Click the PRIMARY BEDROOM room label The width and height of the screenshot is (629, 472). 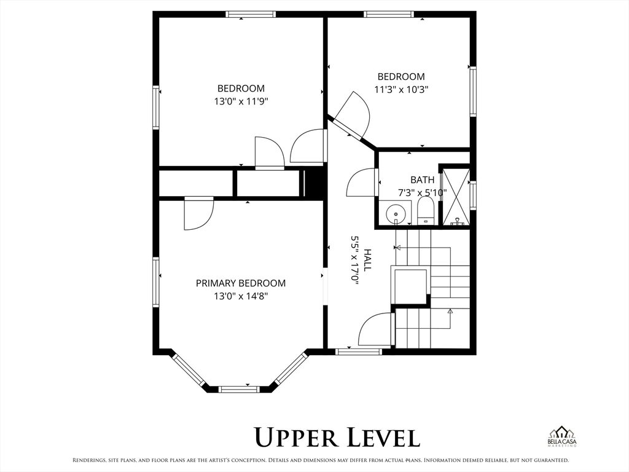point(241,283)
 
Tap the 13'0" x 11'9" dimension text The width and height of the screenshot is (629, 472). point(241,101)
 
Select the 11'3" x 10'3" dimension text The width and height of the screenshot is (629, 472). point(401,89)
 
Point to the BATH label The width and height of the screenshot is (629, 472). point(422,179)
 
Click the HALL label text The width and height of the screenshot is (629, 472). point(367,260)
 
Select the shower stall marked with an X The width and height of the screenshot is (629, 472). point(456,197)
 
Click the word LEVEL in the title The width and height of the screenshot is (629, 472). point(384,437)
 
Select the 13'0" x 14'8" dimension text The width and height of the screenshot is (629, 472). point(241,296)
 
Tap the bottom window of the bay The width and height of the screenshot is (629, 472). point(239,389)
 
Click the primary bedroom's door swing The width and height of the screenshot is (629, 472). point(198,213)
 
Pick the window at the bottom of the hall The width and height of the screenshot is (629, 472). point(359,352)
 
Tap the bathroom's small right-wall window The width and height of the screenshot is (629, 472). point(473,195)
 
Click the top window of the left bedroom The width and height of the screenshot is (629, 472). point(251,15)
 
